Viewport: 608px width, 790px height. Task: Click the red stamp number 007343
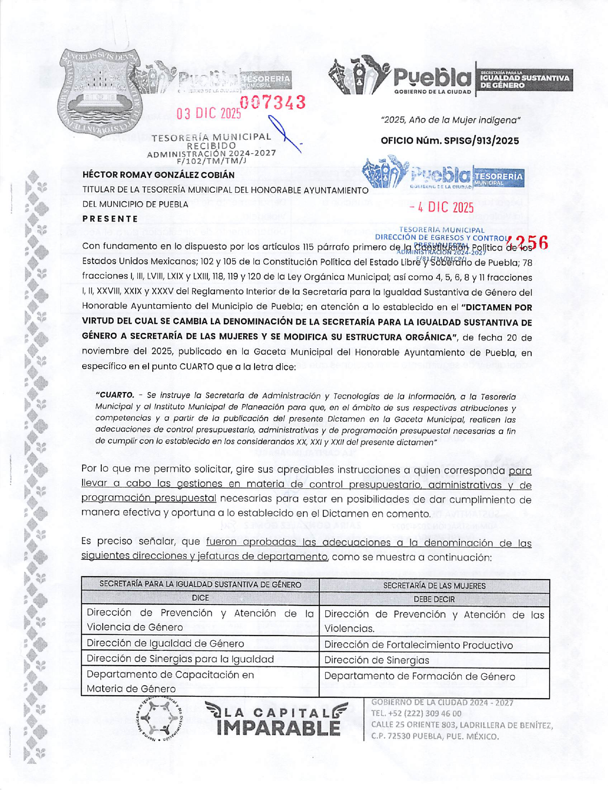coord(273,102)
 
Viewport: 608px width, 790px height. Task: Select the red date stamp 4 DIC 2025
coord(442,207)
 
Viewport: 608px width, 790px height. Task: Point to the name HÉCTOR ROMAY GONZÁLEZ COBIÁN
coord(159,175)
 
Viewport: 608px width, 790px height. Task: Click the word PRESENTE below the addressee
coord(110,219)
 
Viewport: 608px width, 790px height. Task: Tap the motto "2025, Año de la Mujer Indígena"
coord(450,120)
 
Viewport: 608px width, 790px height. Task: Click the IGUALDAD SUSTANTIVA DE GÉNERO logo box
coord(524,80)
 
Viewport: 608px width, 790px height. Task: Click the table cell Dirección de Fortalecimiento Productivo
coord(418,645)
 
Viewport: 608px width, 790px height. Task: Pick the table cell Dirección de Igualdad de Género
coord(165,643)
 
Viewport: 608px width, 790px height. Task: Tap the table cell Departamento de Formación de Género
coord(419,676)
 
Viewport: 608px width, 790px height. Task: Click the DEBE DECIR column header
coord(434,599)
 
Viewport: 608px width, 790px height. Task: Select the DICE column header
coord(200,598)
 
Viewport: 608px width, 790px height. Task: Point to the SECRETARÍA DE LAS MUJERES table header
coord(434,585)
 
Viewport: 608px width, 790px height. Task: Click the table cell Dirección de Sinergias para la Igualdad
coord(180,658)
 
